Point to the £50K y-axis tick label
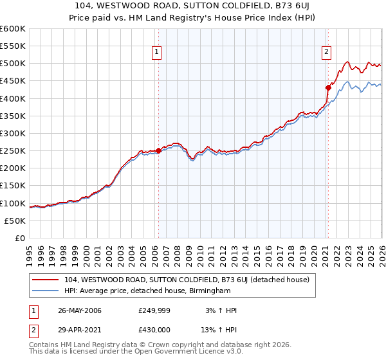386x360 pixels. (x=15, y=221)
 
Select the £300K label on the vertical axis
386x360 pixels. (x=13, y=133)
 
